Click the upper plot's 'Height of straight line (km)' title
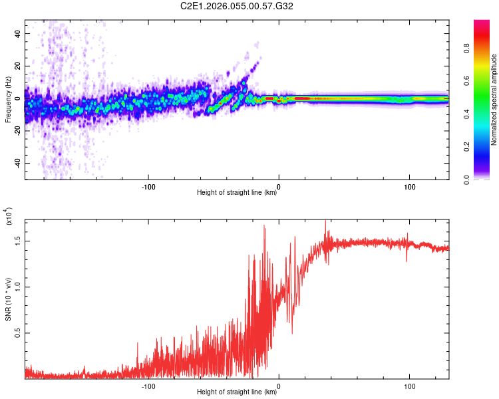237,193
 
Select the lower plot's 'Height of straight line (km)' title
237,392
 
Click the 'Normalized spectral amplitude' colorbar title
494,100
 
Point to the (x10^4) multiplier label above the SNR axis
8,217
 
